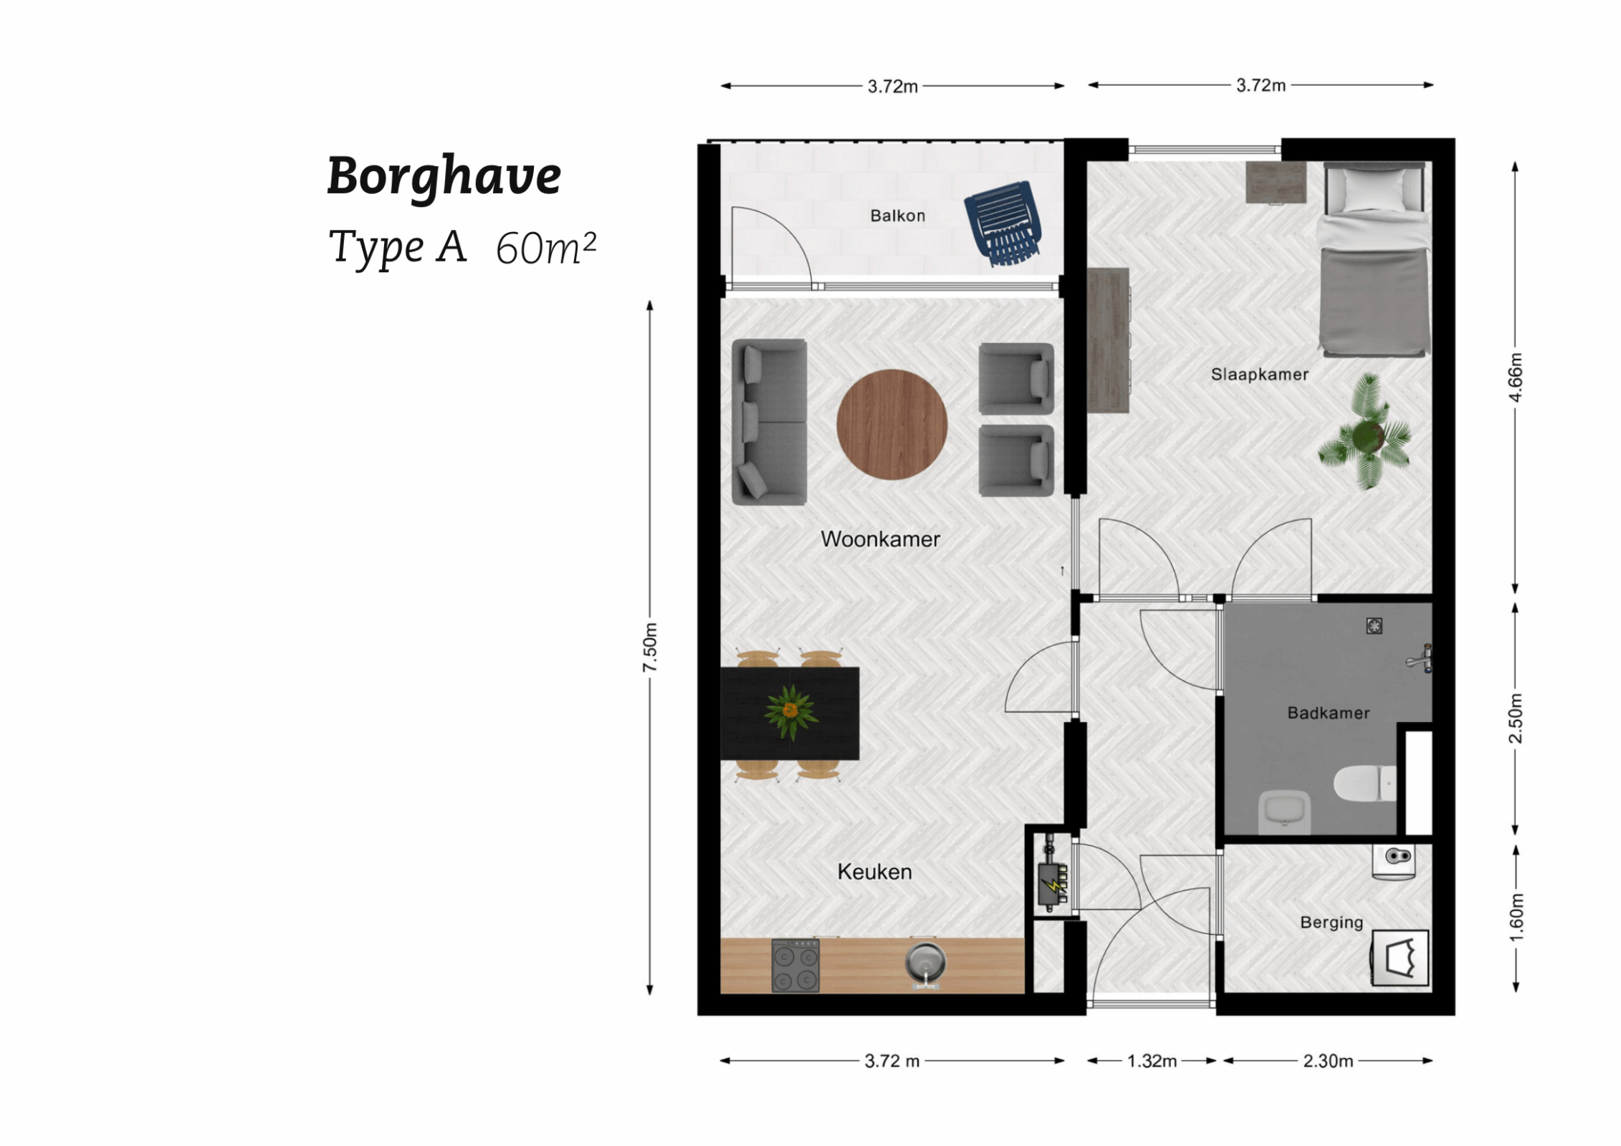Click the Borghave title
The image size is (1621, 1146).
coord(444,176)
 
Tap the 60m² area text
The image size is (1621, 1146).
coord(545,248)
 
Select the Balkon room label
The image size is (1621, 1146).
coord(897,216)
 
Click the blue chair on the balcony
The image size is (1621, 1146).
coord(1002,221)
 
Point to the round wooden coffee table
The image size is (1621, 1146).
coord(891,424)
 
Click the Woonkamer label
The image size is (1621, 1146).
coord(880,539)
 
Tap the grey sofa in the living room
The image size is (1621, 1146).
coord(769,422)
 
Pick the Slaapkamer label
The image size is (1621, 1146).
coord(1259,374)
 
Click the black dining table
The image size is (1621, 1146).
coord(790,713)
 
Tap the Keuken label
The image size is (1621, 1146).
coord(874,872)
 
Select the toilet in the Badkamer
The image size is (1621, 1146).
coord(1364,784)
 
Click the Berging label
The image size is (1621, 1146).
coord(1331,923)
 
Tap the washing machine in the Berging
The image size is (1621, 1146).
coord(1400,958)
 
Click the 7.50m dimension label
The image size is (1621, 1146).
coord(649,647)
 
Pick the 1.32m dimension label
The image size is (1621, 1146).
coord(1152,1061)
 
